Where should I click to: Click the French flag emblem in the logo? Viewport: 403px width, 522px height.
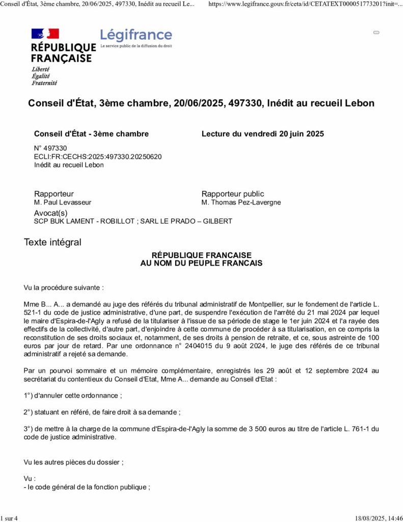45,34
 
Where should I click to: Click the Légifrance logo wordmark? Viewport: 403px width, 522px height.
136,35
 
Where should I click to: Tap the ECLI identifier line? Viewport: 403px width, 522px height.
98,156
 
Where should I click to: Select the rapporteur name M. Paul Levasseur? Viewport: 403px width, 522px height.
63,202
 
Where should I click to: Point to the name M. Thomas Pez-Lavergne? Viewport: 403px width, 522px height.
241,202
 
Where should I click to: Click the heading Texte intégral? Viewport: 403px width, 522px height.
52,242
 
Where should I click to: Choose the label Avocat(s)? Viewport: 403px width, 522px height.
50,213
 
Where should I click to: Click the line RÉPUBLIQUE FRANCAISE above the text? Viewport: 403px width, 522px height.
201,255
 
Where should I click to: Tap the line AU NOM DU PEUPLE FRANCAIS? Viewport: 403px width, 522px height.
201,264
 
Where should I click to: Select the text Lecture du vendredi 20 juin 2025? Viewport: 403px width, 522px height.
262,134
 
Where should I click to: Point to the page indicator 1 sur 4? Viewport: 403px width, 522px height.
9,518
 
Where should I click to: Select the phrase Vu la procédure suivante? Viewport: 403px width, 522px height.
64,288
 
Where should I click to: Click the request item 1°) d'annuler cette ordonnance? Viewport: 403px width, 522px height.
73,396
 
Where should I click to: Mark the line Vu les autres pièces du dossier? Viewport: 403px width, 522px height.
73,462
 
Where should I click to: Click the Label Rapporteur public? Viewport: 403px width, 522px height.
233,194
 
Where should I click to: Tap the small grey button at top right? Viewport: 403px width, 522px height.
377,33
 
